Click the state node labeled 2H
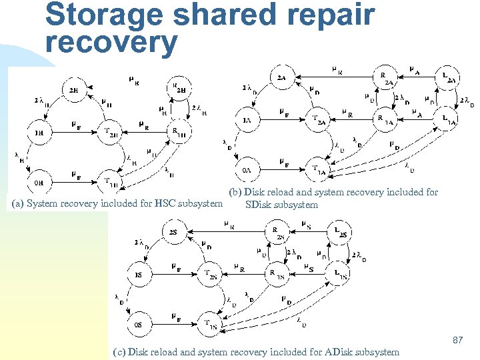coord(73,90)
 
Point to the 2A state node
coord(281,78)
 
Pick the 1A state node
coord(247,121)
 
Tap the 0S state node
coord(138,325)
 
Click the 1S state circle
coord(138,275)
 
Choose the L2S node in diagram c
coord(340,233)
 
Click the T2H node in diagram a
coord(110,131)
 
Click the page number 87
coord(457,340)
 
